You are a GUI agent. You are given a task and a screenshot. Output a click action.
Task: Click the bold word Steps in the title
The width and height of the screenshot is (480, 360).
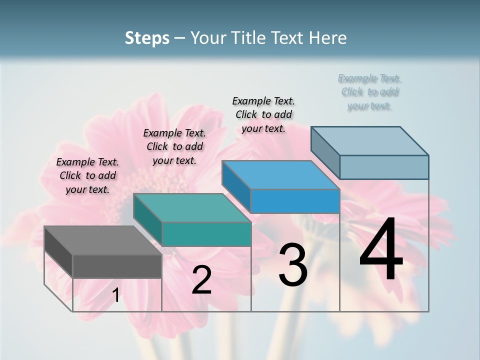(x=147, y=38)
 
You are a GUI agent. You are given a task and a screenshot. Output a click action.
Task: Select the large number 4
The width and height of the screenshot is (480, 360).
(x=381, y=250)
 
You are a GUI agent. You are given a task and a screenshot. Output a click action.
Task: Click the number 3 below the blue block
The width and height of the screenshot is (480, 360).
(x=292, y=265)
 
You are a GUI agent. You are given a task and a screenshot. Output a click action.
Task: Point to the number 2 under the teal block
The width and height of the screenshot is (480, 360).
(x=201, y=280)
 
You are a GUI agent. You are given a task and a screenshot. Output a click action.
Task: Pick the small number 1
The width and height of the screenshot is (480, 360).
(x=115, y=295)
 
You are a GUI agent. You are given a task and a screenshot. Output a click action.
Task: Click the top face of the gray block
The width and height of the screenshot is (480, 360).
(x=102, y=240)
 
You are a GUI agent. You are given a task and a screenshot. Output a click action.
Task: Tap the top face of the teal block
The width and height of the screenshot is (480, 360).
(x=192, y=208)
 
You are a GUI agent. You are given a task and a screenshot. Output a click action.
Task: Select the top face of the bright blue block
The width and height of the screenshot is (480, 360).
(x=280, y=175)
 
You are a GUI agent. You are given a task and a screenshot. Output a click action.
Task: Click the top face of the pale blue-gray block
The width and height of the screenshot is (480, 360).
(x=369, y=141)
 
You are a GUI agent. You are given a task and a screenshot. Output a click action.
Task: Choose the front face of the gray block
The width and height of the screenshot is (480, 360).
(x=117, y=266)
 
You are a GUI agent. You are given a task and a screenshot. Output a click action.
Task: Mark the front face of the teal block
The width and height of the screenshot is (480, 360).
(x=206, y=234)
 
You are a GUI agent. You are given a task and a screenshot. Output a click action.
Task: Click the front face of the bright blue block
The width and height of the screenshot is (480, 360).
(x=295, y=201)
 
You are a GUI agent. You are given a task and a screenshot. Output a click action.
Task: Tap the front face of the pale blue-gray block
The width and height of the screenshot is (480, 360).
(x=384, y=167)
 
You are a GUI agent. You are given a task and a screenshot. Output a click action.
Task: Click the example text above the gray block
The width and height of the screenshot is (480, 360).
(x=87, y=175)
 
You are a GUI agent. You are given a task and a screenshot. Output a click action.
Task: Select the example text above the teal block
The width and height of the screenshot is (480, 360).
(x=174, y=146)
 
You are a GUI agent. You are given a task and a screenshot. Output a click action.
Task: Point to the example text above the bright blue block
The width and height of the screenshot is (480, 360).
(x=263, y=114)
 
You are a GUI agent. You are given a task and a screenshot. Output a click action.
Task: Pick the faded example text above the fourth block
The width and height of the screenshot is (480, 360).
(x=369, y=92)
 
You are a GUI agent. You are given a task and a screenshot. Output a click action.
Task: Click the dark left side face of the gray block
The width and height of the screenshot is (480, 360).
(x=58, y=252)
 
